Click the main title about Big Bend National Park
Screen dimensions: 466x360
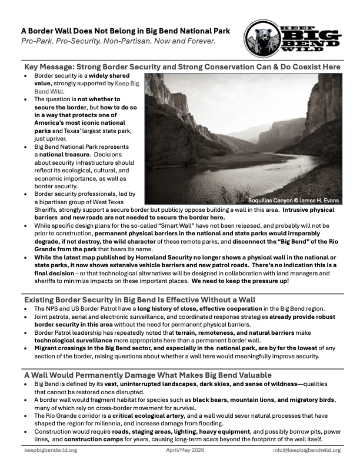point(125,31)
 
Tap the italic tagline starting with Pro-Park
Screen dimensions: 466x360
point(118,42)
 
